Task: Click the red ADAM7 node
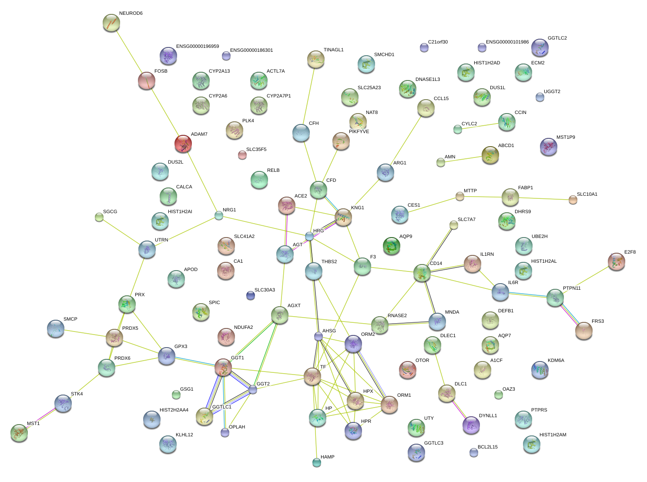(x=183, y=144)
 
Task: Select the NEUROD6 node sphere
(x=111, y=23)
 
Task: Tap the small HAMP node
(x=316, y=462)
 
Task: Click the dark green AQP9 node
(x=391, y=246)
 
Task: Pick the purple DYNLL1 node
(x=471, y=425)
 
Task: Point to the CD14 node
(x=422, y=273)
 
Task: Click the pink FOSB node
(x=147, y=80)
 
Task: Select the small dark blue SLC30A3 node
(x=251, y=295)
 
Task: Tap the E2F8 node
(x=617, y=261)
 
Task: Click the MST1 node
(x=19, y=433)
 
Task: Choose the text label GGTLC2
(x=557, y=38)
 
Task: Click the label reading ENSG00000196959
(x=198, y=46)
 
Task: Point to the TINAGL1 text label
(x=333, y=50)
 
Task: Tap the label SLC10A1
(x=587, y=194)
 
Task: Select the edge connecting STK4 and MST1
(x=41, y=418)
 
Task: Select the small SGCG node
(x=99, y=217)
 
